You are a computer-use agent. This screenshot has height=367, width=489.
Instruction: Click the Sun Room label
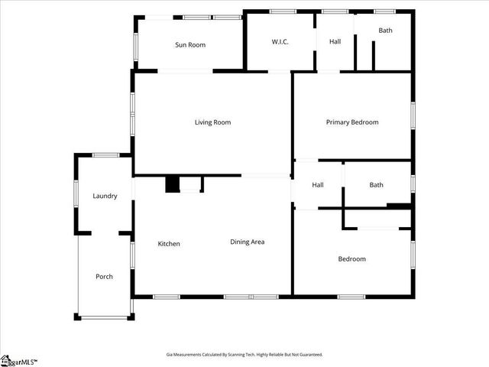[x=190, y=45]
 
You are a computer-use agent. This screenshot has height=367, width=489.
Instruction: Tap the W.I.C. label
[x=279, y=41]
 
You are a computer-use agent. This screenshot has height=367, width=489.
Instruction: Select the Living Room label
[x=212, y=122]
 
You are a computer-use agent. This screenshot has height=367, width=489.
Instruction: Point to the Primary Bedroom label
[x=352, y=122]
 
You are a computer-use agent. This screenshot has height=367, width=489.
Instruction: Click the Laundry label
[x=105, y=196]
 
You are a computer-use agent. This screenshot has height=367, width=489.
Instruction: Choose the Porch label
[x=104, y=277]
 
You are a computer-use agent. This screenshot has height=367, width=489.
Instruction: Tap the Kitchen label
[x=169, y=244]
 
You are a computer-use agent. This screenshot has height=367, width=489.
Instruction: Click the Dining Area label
[x=248, y=242]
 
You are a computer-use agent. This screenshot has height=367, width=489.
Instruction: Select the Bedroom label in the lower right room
[x=351, y=259]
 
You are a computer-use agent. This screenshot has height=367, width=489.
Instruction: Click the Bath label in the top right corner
[x=385, y=31]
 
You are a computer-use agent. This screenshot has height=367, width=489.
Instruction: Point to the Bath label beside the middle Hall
[x=376, y=185]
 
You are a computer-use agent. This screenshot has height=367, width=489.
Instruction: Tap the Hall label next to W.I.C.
[x=335, y=41]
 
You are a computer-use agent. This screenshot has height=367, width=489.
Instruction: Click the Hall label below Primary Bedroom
[x=318, y=185]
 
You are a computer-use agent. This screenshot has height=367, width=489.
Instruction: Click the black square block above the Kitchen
[x=173, y=184]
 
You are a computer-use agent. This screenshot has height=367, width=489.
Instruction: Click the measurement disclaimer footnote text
[x=244, y=355]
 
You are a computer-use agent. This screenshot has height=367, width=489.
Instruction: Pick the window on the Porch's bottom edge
[x=105, y=317]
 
